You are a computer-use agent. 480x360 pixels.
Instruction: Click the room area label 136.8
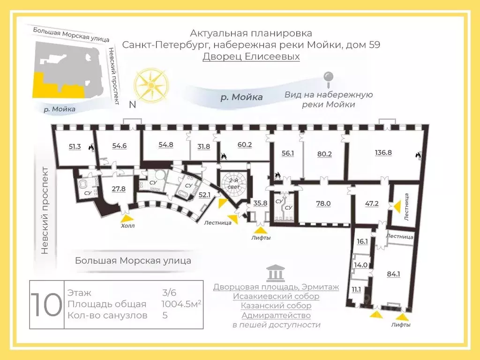click(x=383, y=152)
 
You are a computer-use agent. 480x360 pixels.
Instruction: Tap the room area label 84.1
click(x=393, y=274)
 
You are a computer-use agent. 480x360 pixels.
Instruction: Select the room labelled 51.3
click(x=75, y=146)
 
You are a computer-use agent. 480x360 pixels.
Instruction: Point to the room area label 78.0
click(x=323, y=203)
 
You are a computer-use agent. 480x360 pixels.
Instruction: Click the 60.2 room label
click(x=245, y=144)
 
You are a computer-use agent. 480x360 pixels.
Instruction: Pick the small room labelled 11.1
click(x=356, y=289)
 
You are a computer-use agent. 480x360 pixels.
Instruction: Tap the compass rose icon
click(x=151, y=84)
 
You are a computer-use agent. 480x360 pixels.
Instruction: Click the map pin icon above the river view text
click(x=329, y=79)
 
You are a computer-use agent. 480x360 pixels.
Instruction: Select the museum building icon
click(x=276, y=273)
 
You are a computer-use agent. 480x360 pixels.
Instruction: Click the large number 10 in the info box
click(x=46, y=305)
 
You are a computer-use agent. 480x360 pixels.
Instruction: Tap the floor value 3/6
click(x=169, y=292)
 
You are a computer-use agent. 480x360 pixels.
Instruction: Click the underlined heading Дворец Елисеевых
click(x=251, y=56)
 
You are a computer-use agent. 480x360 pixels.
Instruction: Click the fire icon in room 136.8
click(x=418, y=155)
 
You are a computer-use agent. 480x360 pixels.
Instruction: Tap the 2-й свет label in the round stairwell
click(x=234, y=184)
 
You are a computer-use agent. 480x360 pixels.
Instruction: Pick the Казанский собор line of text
click(x=276, y=306)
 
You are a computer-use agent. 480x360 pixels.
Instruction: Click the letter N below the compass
click(x=132, y=105)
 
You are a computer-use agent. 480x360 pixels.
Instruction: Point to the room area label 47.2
click(x=372, y=203)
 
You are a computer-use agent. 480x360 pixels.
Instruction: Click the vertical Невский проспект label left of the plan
click(x=45, y=210)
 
